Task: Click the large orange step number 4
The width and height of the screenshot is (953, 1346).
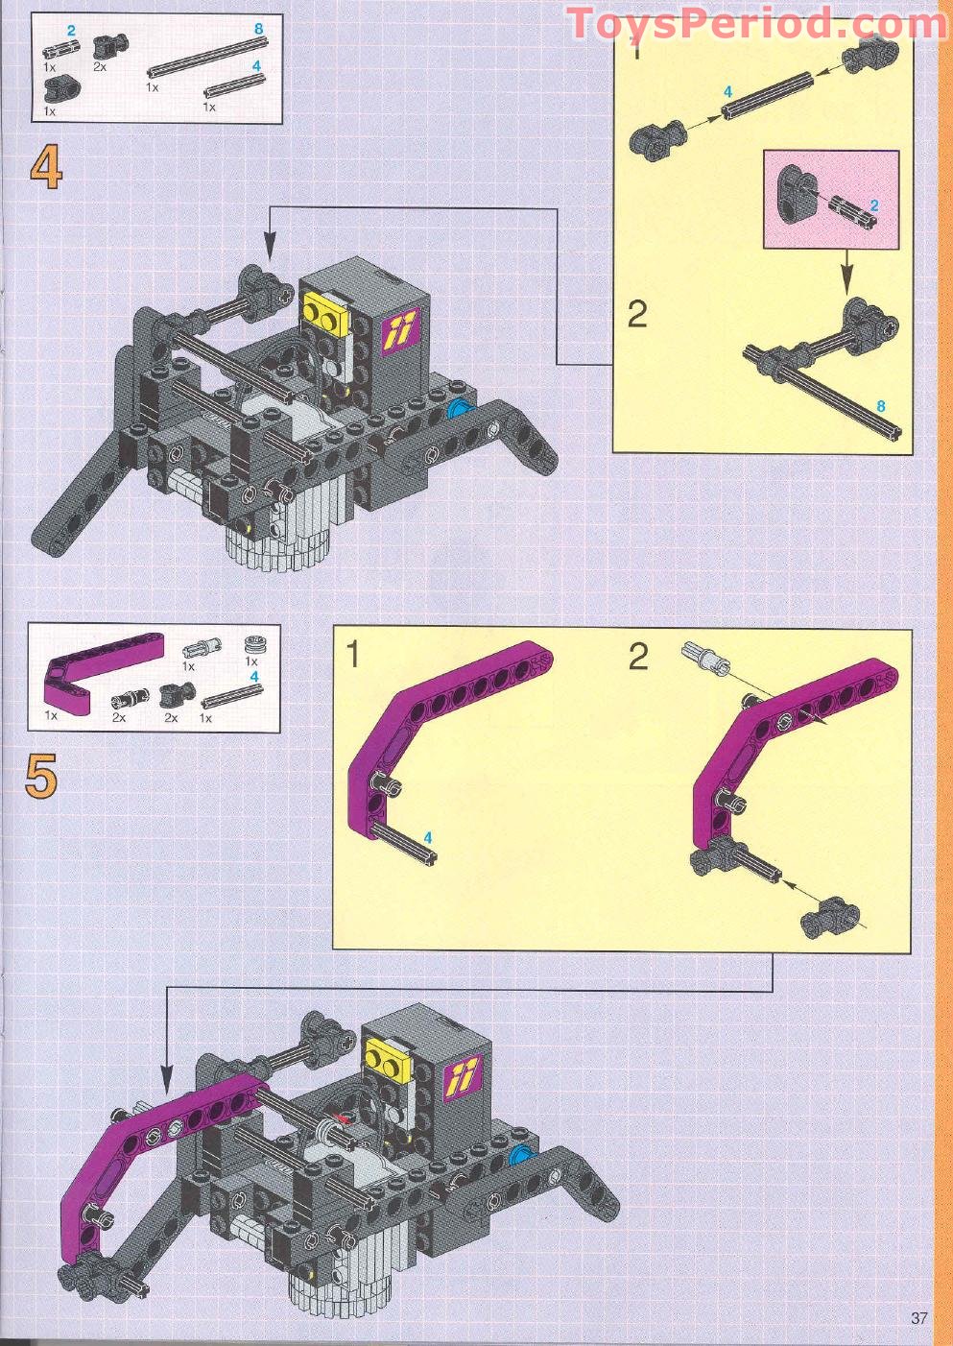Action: (x=45, y=168)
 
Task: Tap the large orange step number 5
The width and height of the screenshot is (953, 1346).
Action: (x=41, y=776)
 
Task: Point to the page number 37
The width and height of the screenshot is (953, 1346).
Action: (x=918, y=1317)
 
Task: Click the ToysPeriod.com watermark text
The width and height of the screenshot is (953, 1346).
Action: (x=756, y=23)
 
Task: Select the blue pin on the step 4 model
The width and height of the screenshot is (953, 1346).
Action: (x=460, y=409)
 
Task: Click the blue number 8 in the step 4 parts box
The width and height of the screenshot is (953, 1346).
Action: (x=258, y=30)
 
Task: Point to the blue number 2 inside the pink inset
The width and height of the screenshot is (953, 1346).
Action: (x=873, y=205)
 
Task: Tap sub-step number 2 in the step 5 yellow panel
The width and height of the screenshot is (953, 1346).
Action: (x=638, y=658)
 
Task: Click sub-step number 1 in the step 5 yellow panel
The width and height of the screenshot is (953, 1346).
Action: (x=353, y=655)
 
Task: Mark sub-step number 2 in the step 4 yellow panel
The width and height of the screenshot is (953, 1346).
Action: (x=637, y=314)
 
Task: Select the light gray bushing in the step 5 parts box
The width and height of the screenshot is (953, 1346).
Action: (x=253, y=644)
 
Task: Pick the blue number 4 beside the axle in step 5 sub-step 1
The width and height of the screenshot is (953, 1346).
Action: (x=428, y=837)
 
